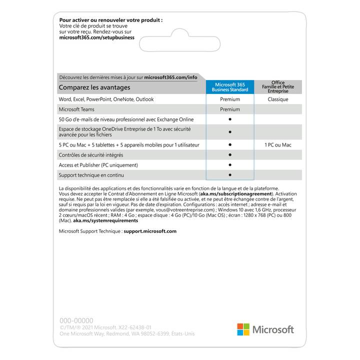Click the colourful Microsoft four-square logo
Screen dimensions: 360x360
[x=243, y=329]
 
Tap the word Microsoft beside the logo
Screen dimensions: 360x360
[x=273, y=329]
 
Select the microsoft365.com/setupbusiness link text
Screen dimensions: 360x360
[x=96, y=37]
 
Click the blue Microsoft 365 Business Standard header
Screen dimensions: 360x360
[x=230, y=87]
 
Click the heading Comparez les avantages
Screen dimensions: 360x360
[x=94, y=87]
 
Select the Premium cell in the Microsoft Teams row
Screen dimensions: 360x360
[x=230, y=109]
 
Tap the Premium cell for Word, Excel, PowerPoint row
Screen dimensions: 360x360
[x=230, y=99]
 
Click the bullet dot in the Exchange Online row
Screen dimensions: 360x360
[x=230, y=119]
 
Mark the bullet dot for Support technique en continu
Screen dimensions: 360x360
[x=230, y=175]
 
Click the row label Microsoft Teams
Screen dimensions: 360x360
[x=76, y=109]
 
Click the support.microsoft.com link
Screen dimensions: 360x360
[x=150, y=231]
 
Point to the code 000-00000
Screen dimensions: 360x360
[x=76, y=320]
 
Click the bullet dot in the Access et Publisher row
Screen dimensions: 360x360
[x=230, y=165]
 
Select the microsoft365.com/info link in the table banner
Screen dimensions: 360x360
[x=170, y=77]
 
